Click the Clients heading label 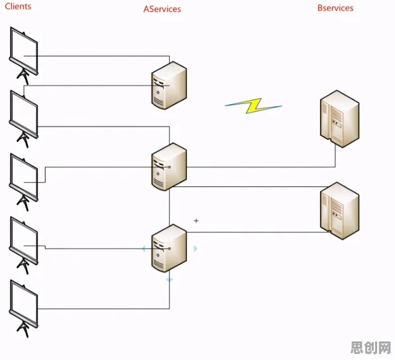pos(18,6)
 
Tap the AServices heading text pos(162,9)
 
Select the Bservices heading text pos(335,8)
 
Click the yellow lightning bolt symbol pos(253,105)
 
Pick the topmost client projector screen pos(24,56)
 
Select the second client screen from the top pos(24,119)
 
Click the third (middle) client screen pos(24,182)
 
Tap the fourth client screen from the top pos(24,245)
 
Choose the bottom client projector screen pos(24,308)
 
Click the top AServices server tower pos(169,86)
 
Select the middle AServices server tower pos(169,167)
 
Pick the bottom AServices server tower pos(169,248)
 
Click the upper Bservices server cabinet pos(339,119)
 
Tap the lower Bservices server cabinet pos(339,211)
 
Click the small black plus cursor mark pos(196,221)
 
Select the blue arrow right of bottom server pos(196,249)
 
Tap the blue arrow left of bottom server pos(144,249)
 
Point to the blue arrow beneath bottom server pos(169,280)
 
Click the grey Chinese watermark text pos(370,347)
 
